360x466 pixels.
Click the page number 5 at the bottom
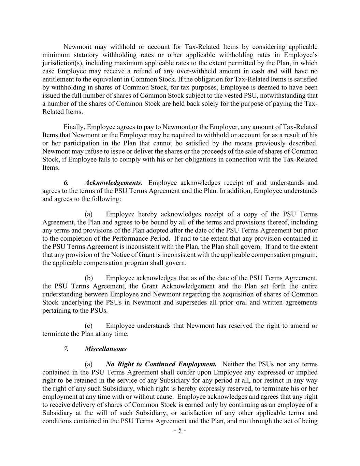pos(180,430)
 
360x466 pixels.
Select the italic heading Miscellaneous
pos(105,349)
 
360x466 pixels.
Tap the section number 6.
pos(66,183)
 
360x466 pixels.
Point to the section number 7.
pos(66,349)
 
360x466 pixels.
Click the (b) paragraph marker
pos(89,278)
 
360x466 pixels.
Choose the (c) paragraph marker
pos(89,326)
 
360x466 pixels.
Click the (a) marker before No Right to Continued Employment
pos(89,364)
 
